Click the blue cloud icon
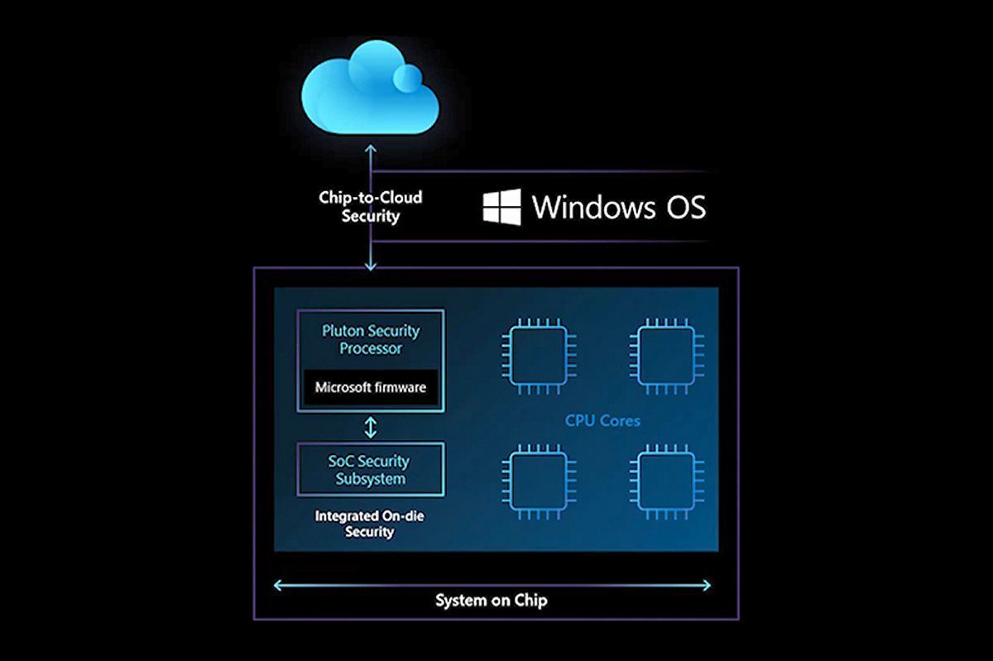point(370,88)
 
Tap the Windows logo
point(501,207)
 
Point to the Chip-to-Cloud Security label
point(370,207)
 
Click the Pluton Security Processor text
point(371,339)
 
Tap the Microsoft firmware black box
point(371,387)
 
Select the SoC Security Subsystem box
point(371,469)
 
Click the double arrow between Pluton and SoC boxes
point(371,428)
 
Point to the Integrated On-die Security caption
point(369,524)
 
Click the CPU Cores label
point(602,420)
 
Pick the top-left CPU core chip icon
point(539,356)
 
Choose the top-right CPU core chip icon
point(667,356)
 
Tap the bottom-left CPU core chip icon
point(539,482)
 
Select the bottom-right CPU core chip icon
point(667,482)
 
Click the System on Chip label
point(492,601)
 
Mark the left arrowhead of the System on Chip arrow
point(277,585)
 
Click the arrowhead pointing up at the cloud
point(371,148)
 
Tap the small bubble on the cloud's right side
point(407,78)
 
